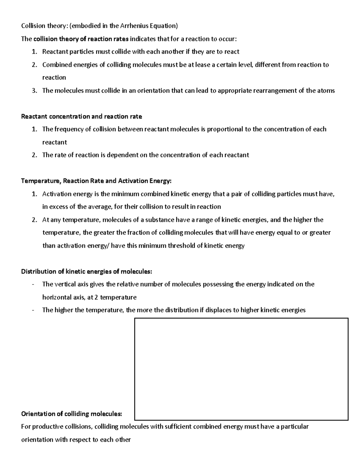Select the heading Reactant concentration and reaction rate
pyautogui.click(x=82, y=116)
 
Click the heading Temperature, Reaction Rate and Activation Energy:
pyautogui.click(x=96, y=181)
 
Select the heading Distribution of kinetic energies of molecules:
pyautogui.click(x=87, y=272)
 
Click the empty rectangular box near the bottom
pyautogui.click(x=241, y=369)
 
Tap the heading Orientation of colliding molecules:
pyautogui.click(x=71, y=414)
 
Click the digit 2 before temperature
pyautogui.click(x=96, y=297)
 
